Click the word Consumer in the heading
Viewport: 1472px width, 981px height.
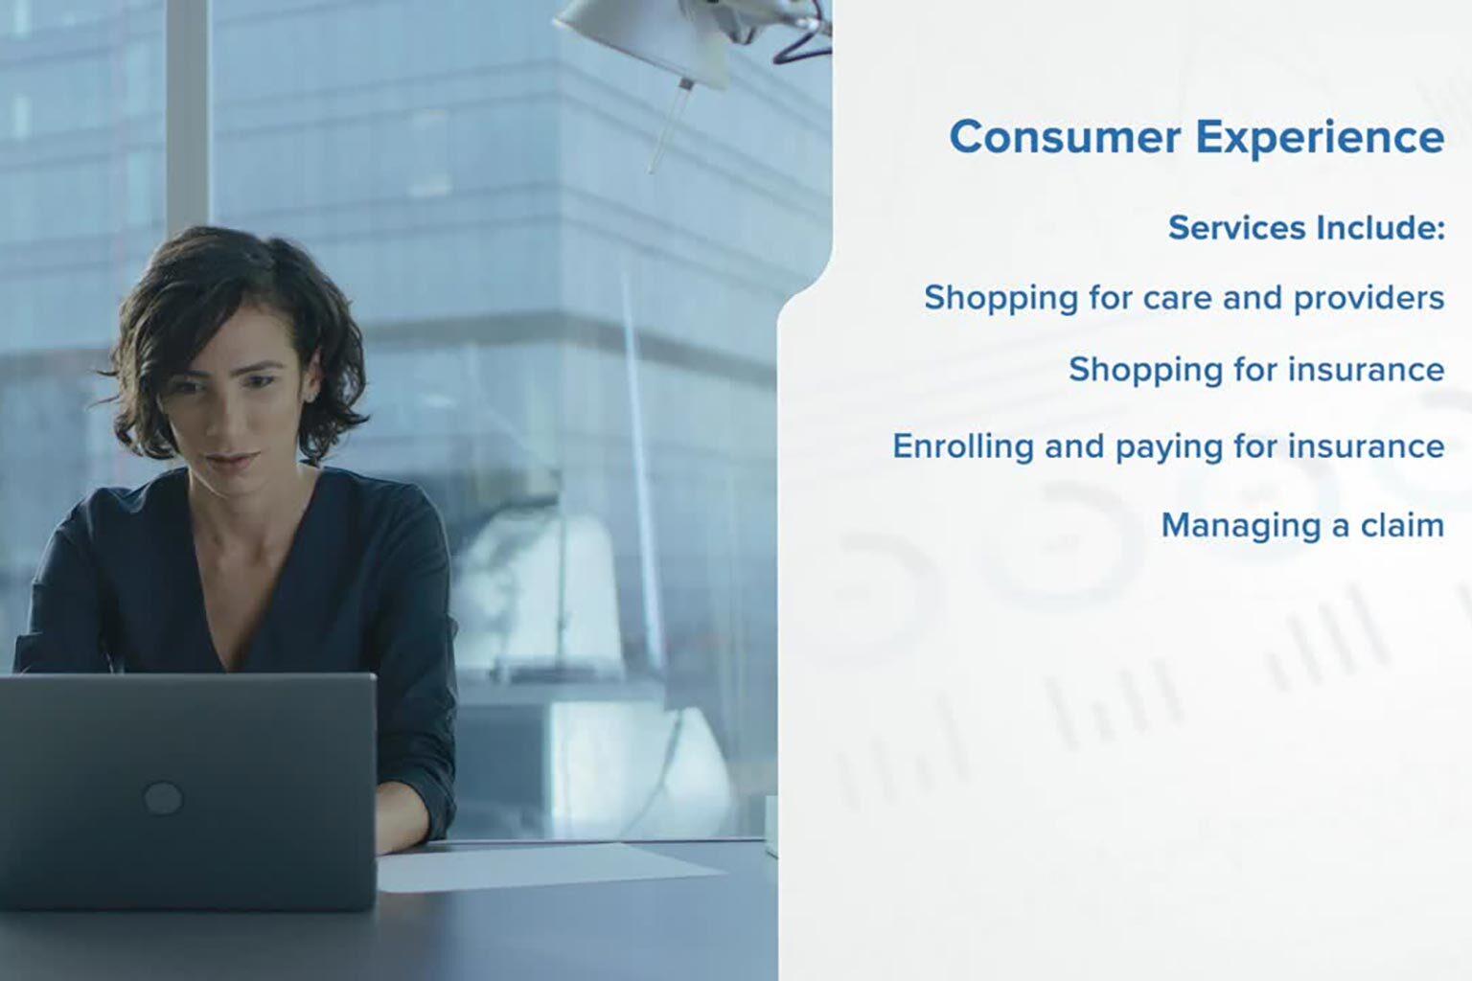coord(1065,137)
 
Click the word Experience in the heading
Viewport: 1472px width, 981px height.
coord(1321,139)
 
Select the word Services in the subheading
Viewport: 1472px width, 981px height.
coord(1237,228)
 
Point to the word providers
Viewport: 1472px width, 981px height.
coord(1369,299)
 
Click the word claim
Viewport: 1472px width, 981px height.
coord(1402,525)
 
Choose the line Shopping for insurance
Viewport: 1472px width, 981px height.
coord(1256,370)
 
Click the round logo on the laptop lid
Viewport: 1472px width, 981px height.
coord(163,798)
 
